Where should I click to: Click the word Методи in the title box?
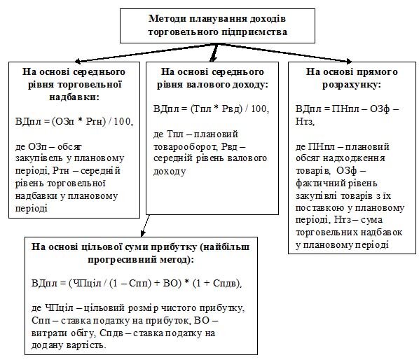click(x=166, y=19)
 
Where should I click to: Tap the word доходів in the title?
click(x=268, y=19)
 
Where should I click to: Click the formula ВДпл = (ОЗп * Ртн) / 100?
click(x=74, y=121)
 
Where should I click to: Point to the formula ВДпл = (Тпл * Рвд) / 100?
click(x=211, y=109)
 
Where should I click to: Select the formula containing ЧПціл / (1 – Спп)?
click(x=137, y=283)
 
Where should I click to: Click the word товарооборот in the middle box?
click(x=185, y=146)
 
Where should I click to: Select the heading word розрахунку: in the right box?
click(x=352, y=85)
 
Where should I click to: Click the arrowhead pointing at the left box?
click(x=78, y=61)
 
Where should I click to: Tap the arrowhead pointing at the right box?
click(x=349, y=61)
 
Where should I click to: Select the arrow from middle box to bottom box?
click(x=145, y=226)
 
